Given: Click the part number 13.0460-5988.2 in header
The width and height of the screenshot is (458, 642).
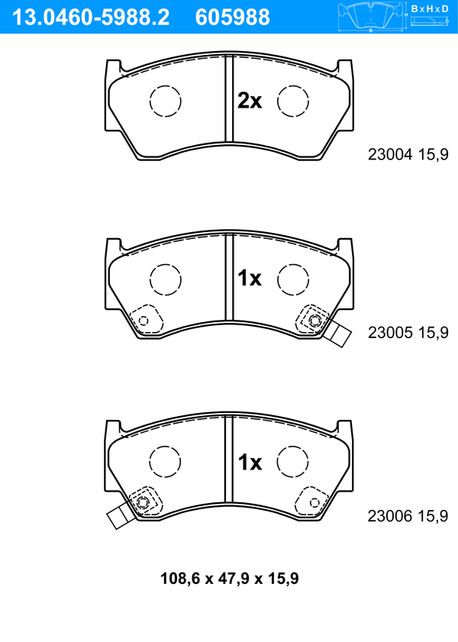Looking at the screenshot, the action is (91, 18).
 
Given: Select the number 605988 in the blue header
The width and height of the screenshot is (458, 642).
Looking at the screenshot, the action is (233, 18).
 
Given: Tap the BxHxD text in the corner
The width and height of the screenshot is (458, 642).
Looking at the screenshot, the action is (430, 8).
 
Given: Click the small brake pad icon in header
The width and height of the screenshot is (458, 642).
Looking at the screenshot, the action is (371, 17).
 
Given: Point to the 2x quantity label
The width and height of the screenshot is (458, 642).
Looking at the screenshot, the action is (250, 100).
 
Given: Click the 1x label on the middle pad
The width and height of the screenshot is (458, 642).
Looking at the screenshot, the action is (250, 279).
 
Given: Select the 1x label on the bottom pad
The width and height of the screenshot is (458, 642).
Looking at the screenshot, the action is (250, 463).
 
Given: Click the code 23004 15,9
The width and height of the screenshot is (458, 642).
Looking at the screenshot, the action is (408, 154).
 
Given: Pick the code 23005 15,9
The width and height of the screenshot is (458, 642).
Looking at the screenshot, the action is (408, 333).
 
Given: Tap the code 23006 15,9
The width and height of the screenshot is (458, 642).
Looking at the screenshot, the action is (408, 516).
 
